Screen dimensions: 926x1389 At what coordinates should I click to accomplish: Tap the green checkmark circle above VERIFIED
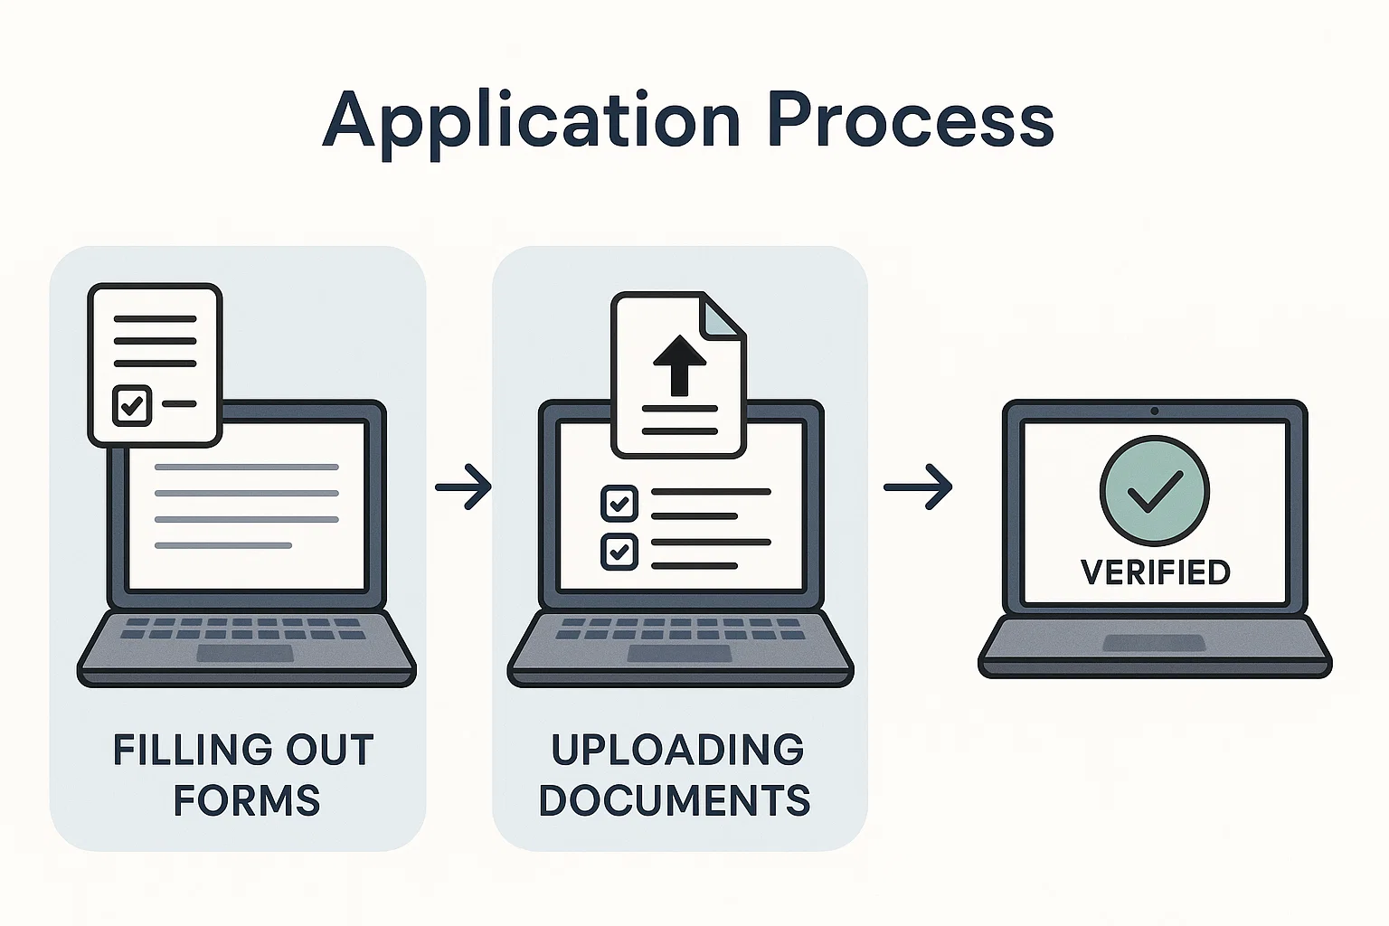point(1155,490)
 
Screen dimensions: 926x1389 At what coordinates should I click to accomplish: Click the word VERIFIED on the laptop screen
point(1155,572)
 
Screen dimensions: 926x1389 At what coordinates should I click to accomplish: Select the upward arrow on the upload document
point(678,365)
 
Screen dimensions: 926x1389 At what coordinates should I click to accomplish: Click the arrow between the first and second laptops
point(463,487)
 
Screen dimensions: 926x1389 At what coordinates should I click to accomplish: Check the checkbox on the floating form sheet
point(132,405)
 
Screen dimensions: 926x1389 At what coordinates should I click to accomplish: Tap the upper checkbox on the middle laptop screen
point(619,503)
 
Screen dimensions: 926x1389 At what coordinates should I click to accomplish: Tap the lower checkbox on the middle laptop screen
point(619,551)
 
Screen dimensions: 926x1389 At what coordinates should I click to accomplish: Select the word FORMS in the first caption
point(246,801)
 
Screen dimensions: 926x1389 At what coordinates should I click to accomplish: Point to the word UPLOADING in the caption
point(677,751)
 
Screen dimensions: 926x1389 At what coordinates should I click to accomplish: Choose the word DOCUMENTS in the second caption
point(675,801)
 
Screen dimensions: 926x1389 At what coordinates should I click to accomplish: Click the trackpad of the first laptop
point(245,653)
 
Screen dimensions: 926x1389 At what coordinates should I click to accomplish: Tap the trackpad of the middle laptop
point(679,653)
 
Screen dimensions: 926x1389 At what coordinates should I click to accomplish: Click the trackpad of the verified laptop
point(1154,642)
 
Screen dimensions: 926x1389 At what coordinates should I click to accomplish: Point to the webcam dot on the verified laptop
point(1155,411)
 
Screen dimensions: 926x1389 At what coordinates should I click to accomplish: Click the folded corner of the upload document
point(725,316)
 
